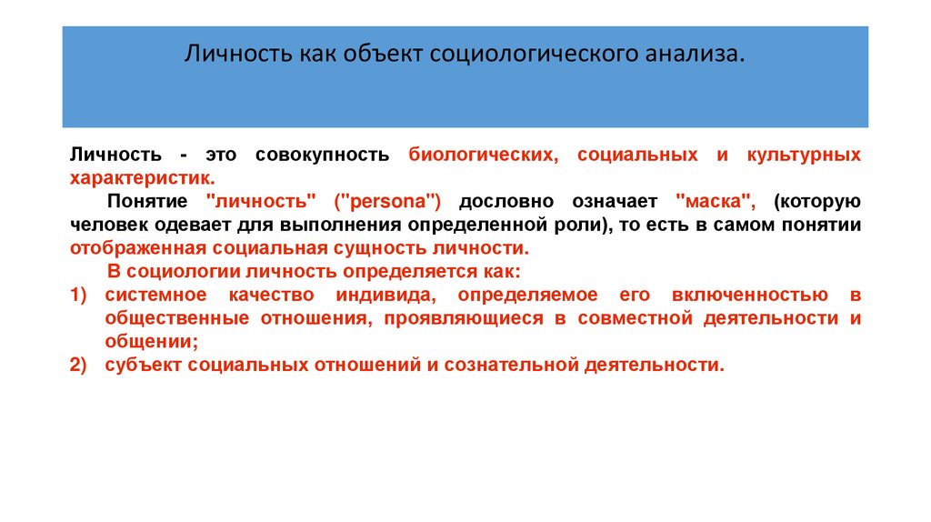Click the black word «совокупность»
click(x=323, y=155)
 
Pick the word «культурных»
click(x=804, y=155)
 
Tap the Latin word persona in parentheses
click(x=387, y=202)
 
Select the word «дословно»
click(x=506, y=202)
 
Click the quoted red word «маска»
click(x=714, y=202)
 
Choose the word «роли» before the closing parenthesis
click(x=579, y=225)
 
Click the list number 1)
click(x=78, y=296)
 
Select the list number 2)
click(x=78, y=365)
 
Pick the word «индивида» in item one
click(x=385, y=296)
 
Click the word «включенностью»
click(x=750, y=296)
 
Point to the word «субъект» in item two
click(x=143, y=365)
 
